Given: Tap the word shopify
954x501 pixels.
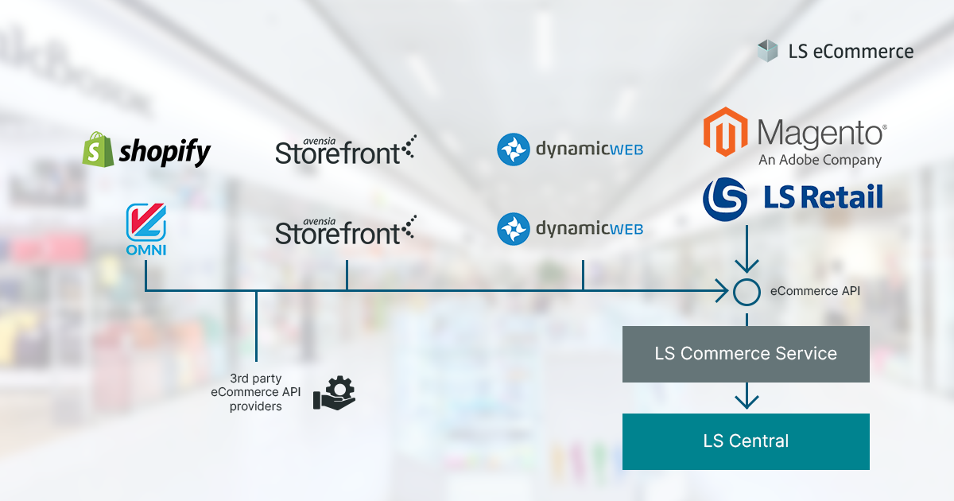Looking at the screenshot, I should (165, 152).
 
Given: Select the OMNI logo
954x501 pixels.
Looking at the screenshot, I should (145, 230).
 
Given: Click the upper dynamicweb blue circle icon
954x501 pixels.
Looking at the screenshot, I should (514, 150).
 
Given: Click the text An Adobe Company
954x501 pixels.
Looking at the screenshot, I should (820, 160).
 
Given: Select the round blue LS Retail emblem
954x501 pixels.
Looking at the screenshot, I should (724, 199).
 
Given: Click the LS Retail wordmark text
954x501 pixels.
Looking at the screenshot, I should (823, 198).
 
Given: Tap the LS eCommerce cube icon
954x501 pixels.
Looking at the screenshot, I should (767, 51).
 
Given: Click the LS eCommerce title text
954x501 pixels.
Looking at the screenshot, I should (851, 52).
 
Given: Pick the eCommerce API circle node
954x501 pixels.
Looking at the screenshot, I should (747, 292).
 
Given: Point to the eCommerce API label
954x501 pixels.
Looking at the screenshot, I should (815, 292).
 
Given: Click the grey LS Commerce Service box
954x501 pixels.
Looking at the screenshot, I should (746, 353).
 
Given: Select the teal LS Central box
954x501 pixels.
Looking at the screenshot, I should (746, 441).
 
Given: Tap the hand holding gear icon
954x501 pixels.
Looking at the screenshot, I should (334, 392).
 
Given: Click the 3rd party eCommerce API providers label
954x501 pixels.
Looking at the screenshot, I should (256, 392).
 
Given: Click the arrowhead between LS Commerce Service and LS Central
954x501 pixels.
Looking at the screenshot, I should (746, 400).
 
